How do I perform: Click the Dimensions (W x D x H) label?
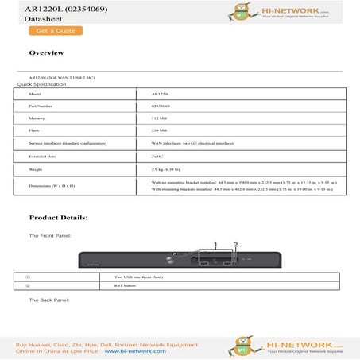click(x=52, y=186)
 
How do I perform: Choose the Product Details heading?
click(x=58, y=217)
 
